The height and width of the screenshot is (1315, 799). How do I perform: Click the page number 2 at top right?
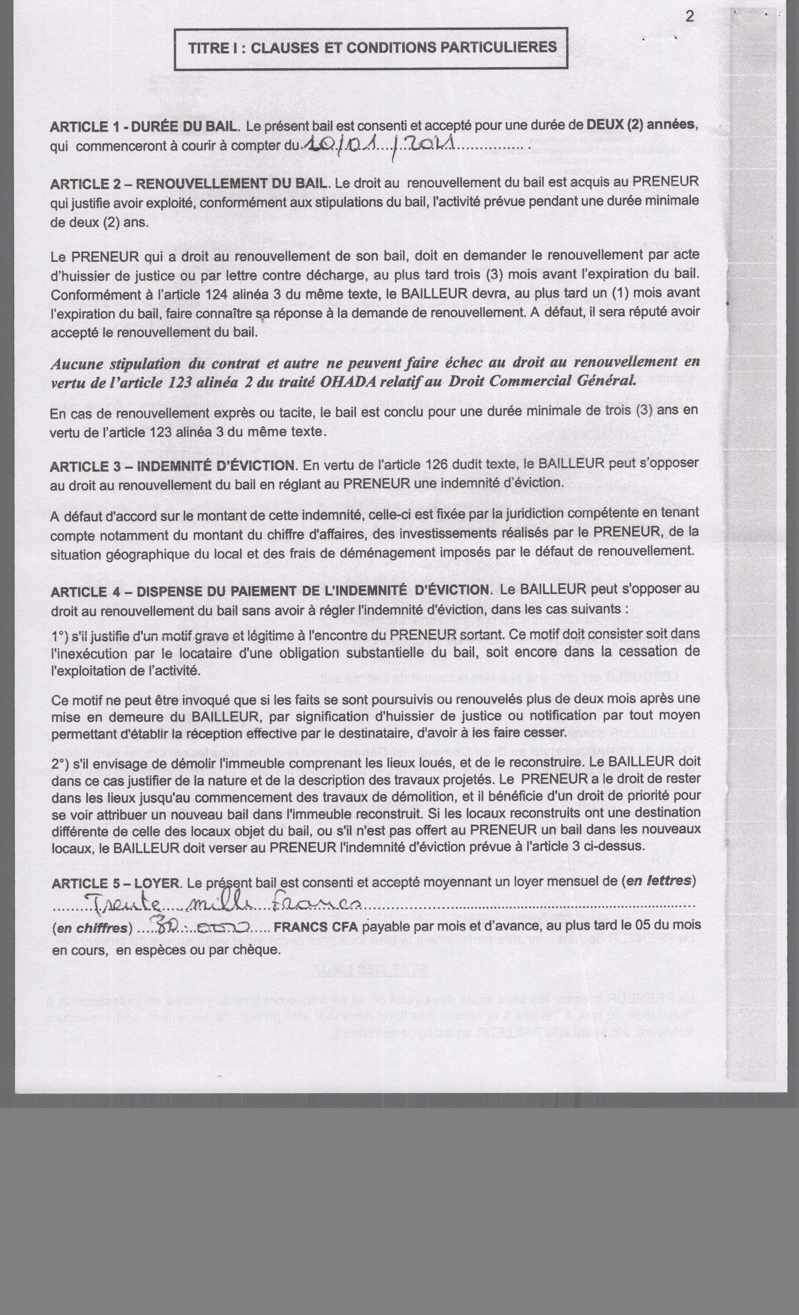click(x=690, y=17)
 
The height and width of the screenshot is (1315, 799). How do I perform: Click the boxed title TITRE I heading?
click(x=372, y=48)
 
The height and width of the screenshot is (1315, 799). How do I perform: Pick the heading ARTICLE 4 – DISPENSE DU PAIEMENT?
click(x=270, y=591)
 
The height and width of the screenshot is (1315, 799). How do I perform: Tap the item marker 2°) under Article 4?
click(x=63, y=763)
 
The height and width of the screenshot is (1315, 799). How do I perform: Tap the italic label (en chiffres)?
click(x=92, y=928)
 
